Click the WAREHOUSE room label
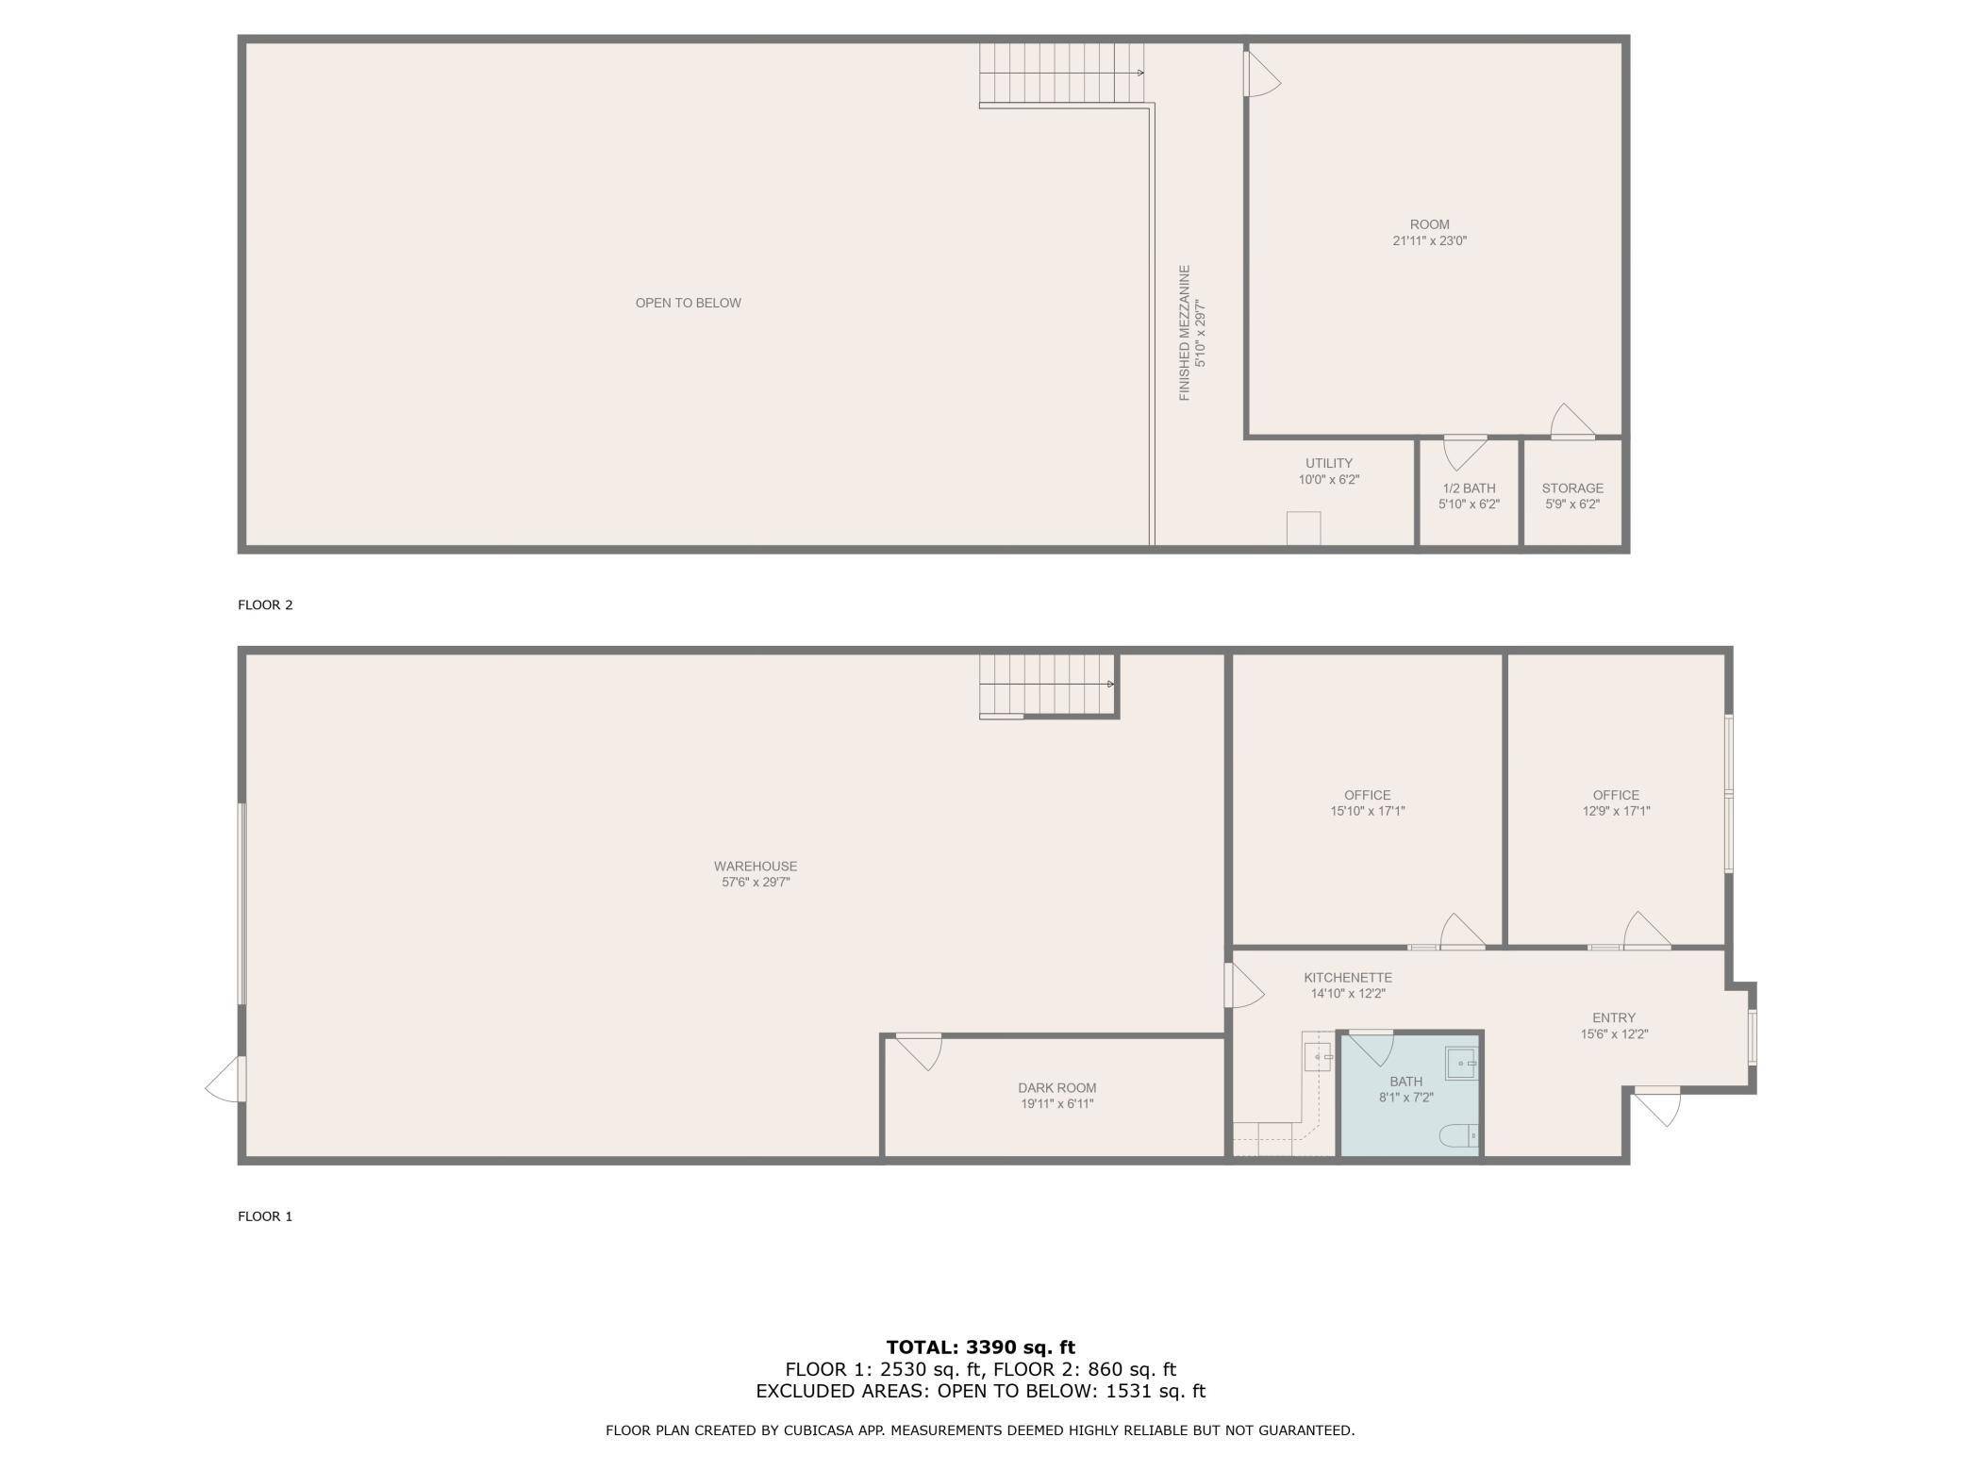coord(755,866)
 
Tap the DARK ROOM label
coord(1056,1087)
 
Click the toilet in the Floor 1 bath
coord(1458,1136)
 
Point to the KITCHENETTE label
coord(1348,977)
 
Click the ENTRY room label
coord(1614,1017)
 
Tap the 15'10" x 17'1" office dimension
coord(1367,811)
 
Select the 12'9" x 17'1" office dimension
coord(1616,811)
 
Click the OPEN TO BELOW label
coord(688,303)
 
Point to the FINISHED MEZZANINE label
coord(1185,333)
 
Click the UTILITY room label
coord(1329,463)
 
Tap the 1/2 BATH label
coord(1469,488)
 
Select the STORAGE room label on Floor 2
coord(1572,488)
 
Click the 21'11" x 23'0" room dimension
coord(1430,240)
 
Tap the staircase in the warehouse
coord(1048,686)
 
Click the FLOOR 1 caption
coord(265,1216)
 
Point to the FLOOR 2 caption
coord(265,604)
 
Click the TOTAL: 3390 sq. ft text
coord(981,1347)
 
